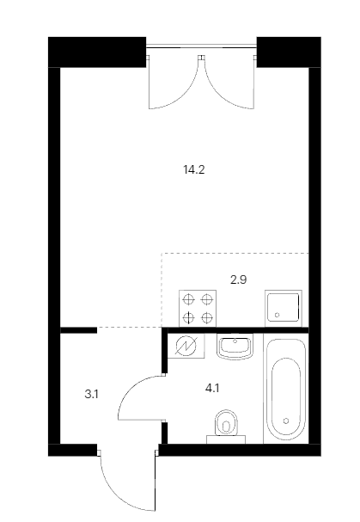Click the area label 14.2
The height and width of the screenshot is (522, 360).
pyautogui.click(x=194, y=169)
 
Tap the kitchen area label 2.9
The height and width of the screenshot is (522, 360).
pyautogui.click(x=239, y=279)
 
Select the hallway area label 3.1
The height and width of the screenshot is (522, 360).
pyautogui.click(x=91, y=395)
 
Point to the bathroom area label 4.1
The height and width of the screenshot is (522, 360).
pyautogui.click(x=212, y=388)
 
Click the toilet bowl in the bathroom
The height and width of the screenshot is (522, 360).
pyautogui.click(x=226, y=423)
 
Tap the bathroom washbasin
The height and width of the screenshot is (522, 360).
pyautogui.click(x=235, y=347)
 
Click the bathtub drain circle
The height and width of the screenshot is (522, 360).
pyautogui.click(x=286, y=421)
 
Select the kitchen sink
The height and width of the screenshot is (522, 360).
pyautogui.click(x=284, y=308)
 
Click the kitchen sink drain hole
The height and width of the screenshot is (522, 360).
pyautogui.click(x=277, y=315)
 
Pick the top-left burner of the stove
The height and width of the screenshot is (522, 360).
pyautogui.click(x=188, y=299)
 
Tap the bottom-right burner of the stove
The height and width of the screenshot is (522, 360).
pyautogui.click(x=207, y=317)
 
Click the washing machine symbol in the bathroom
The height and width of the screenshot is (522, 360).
pyautogui.click(x=186, y=347)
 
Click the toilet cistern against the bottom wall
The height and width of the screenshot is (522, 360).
pyautogui.click(x=226, y=439)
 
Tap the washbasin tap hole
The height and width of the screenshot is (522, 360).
pyautogui.click(x=235, y=341)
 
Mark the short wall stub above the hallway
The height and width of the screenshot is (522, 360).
pyautogui.click(x=78, y=330)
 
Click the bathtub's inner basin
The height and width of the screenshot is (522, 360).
pyautogui.click(x=286, y=396)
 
